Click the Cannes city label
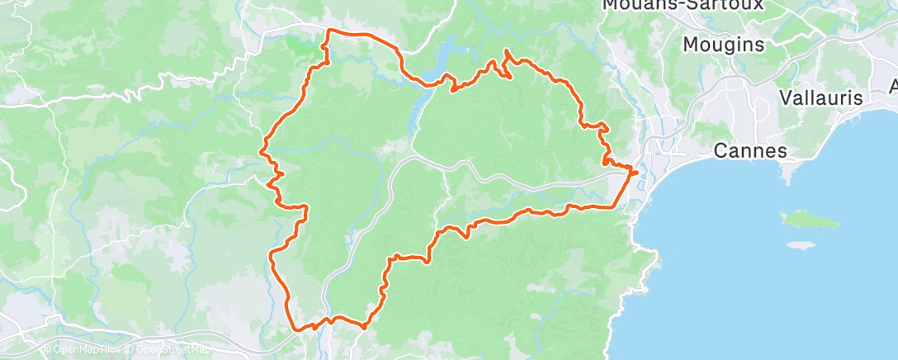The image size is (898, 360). point(749,150)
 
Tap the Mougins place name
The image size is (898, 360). point(724,45)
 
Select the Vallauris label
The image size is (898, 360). point(821,97)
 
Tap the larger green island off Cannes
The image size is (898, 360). point(809,220)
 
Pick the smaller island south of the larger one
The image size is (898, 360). point(800,245)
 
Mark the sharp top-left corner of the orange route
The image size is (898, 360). point(330,31)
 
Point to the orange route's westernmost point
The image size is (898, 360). point(262,151)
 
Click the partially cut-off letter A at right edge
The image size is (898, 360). point(894,86)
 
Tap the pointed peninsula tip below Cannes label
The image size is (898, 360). point(787,177)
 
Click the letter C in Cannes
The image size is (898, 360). point(720,150)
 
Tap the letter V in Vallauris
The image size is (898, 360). point(787,97)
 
